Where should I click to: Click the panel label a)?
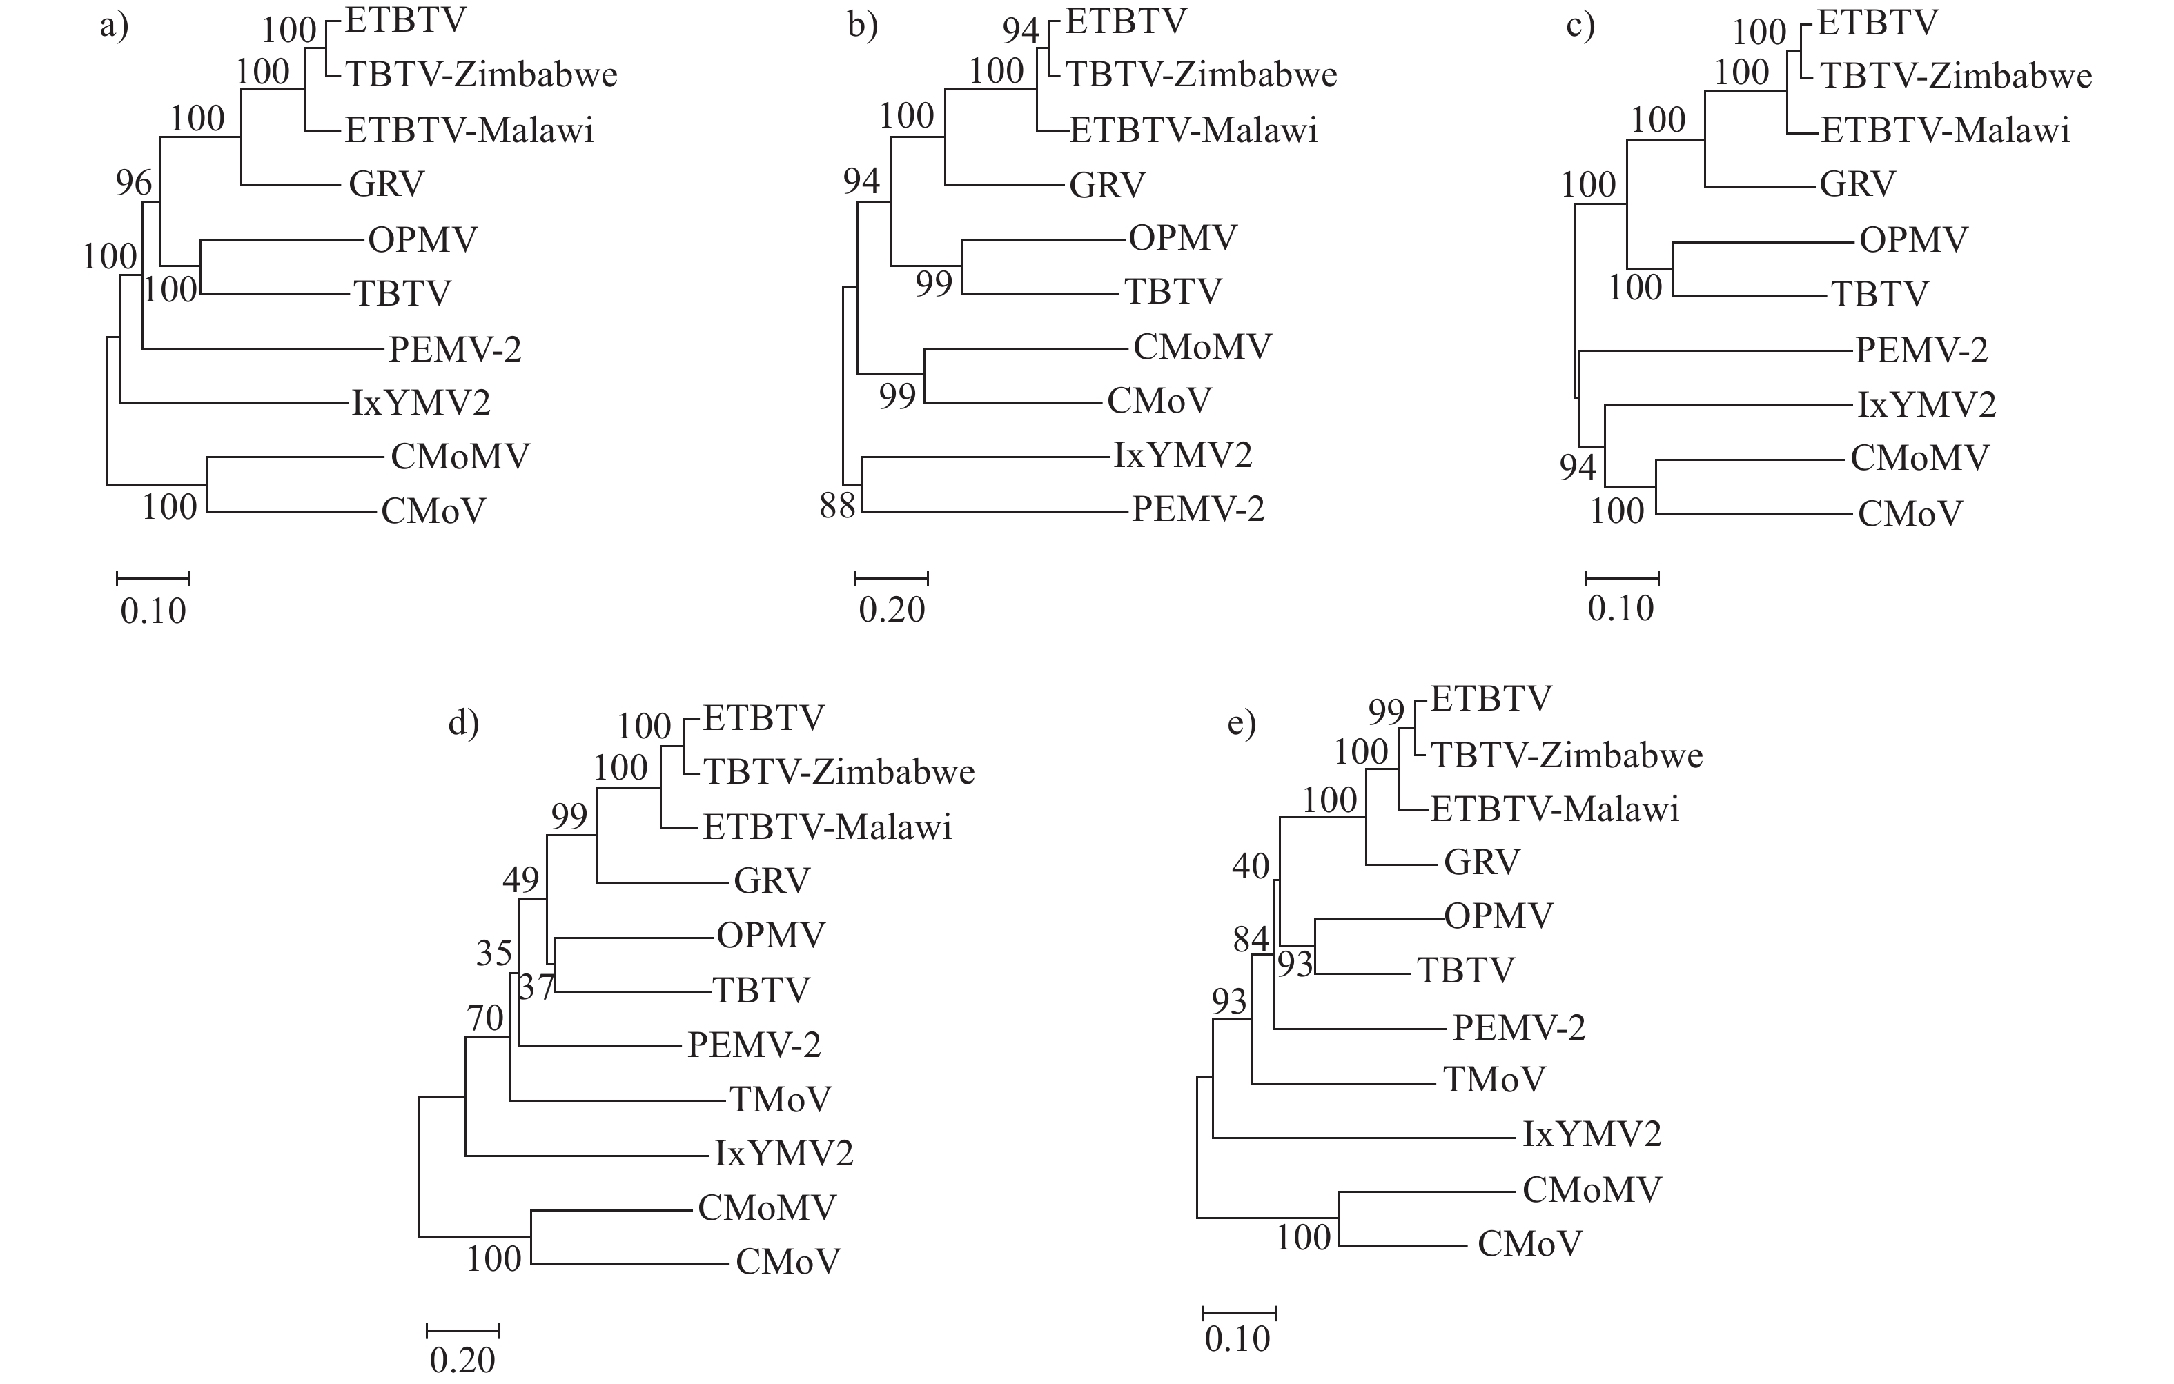point(114,26)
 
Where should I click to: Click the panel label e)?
point(1242,723)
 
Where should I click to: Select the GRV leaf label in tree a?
point(386,184)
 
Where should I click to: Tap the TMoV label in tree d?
point(780,1098)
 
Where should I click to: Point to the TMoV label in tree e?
point(1494,1079)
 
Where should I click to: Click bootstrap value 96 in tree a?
point(134,184)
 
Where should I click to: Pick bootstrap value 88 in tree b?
point(837,506)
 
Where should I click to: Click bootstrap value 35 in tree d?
point(494,953)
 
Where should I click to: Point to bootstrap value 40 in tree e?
point(1251,867)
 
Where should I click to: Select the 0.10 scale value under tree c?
point(1621,609)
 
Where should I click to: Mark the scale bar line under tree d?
point(463,1329)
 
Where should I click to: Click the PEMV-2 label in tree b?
point(1198,509)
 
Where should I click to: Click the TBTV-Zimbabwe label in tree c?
point(1955,76)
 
